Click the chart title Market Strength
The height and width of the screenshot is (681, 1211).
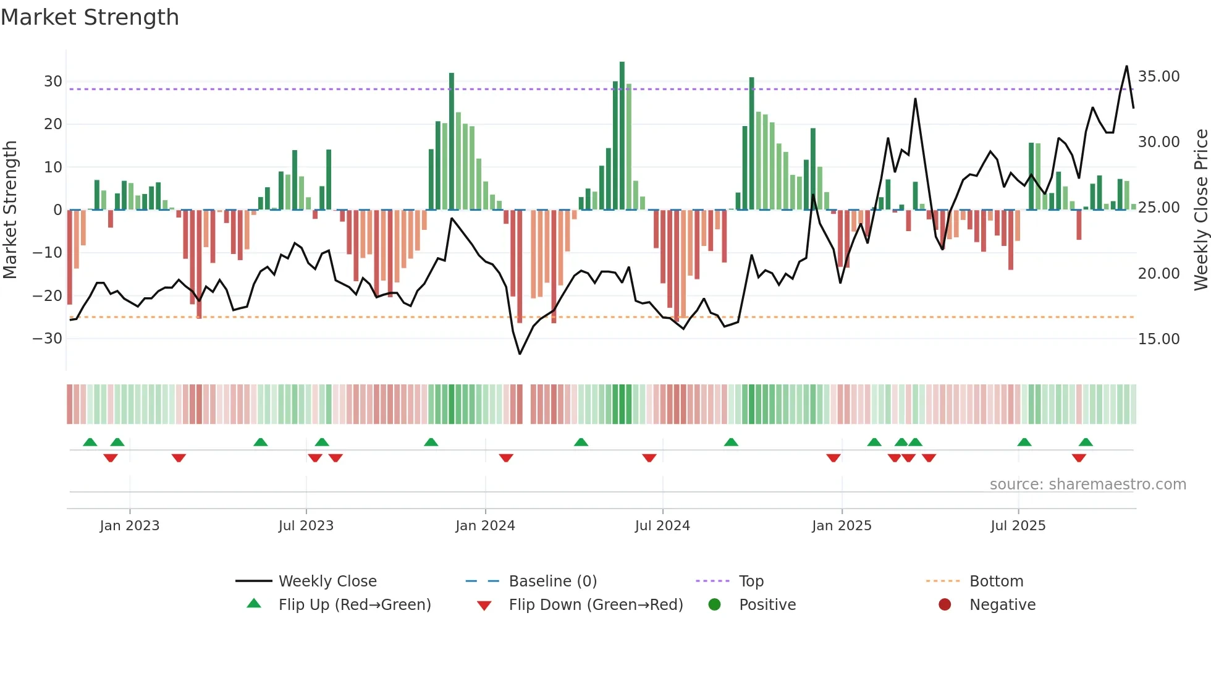point(90,17)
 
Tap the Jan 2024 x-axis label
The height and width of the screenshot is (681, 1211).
point(485,526)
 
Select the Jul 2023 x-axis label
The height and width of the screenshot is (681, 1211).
point(306,526)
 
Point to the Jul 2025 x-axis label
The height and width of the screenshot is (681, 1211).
point(1018,526)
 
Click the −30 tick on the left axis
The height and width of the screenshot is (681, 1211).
point(48,339)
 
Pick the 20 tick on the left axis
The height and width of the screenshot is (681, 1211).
point(53,124)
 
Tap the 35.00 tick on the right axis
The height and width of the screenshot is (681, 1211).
point(1158,77)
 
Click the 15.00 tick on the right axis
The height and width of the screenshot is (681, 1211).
point(1158,339)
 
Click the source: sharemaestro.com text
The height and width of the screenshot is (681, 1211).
point(1087,484)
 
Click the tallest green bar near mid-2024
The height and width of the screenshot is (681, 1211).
point(622,136)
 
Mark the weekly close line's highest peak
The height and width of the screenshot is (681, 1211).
point(1127,66)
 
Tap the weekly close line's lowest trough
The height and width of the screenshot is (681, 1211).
point(520,354)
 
